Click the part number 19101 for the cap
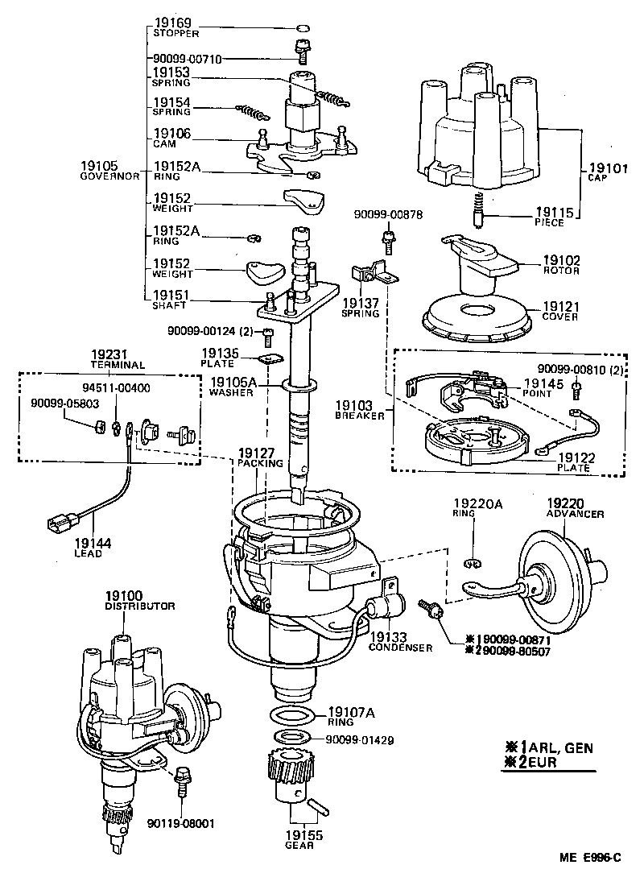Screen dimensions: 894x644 (x=605, y=170)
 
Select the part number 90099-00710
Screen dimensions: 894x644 (x=187, y=59)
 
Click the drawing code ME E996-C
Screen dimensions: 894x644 (x=589, y=858)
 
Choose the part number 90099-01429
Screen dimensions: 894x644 (x=360, y=739)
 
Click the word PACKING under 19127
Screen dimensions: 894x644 (x=259, y=464)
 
